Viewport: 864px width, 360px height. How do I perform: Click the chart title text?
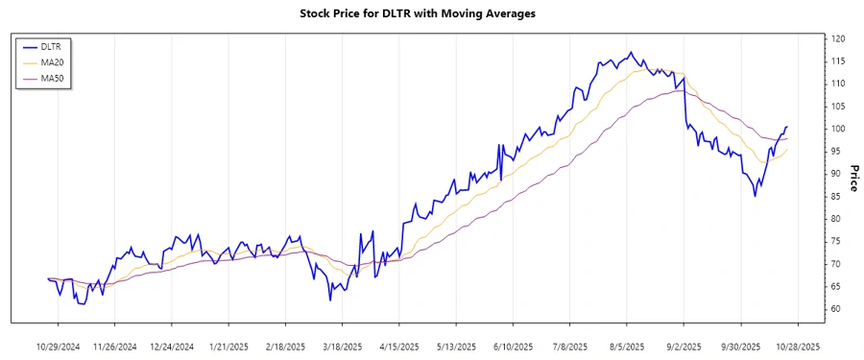(x=432, y=13)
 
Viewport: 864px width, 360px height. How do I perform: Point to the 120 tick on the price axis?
(x=837, y=38)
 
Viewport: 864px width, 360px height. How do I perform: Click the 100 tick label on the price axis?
(x=837, y=129)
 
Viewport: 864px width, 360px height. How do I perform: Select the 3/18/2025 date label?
(x=343, y=346)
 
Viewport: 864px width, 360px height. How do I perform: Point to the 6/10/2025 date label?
(x=514, y=346)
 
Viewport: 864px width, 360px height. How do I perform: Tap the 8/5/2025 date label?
(x=627, y=346)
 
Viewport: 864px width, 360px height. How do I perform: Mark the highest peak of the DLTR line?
(x=631, y=52)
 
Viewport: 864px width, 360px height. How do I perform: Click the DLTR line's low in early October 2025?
(x=755, y=196)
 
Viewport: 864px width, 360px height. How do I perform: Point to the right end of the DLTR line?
(x=787, y=127)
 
